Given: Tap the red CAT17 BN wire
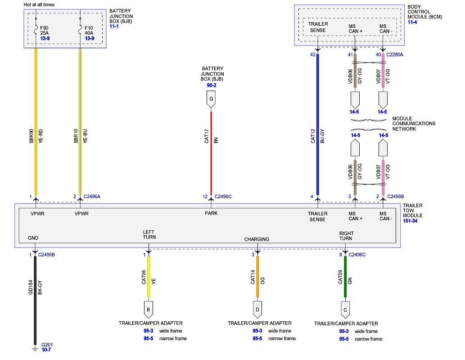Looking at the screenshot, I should point(211,149).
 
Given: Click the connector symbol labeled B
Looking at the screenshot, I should point(149,310).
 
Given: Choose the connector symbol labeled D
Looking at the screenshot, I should point(257,310).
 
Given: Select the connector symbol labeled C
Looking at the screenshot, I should point(345,310).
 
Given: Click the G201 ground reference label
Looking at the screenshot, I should point(47,345).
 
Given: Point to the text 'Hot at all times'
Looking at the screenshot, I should point(39,5).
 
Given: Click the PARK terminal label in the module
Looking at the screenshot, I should point(211,213).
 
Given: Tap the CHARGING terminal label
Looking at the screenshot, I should point(257,239).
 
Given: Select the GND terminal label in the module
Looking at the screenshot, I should point(33,238).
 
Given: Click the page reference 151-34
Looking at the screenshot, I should point(411,221).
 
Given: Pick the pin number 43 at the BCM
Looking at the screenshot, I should point(312,55).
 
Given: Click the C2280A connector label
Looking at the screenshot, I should point(395,55).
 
